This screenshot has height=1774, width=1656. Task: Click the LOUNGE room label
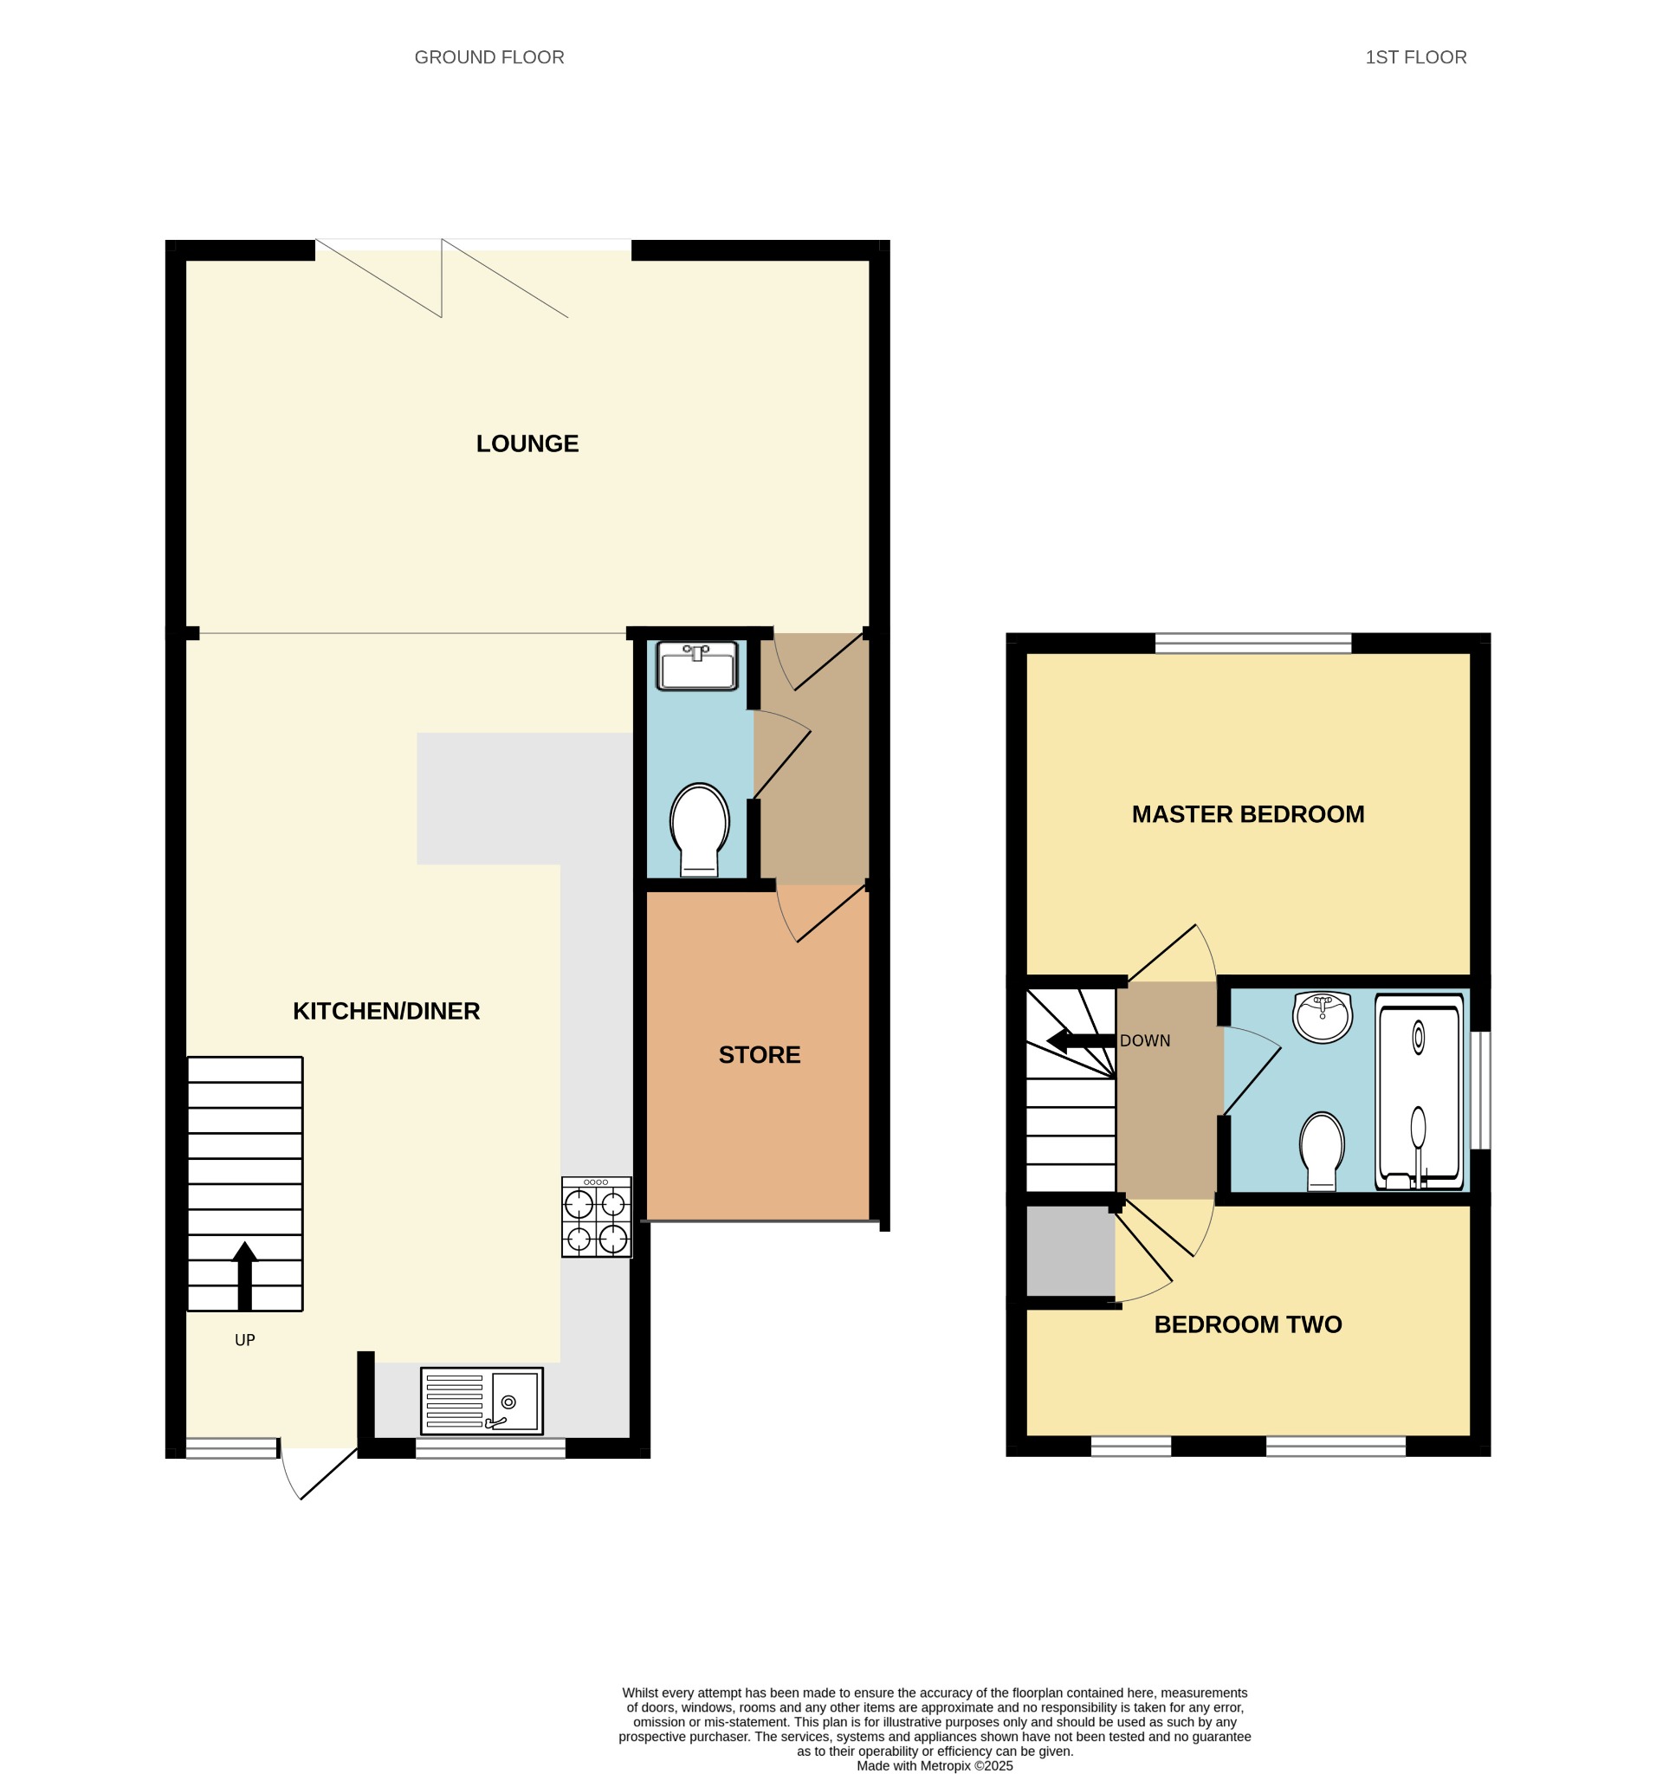click(527, 443)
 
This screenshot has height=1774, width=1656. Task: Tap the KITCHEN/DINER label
click(386, 1011)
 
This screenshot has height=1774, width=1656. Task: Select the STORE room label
click(760, 1055)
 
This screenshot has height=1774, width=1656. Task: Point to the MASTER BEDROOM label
click(1247, 814)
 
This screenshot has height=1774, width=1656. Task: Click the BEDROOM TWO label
click(1247, 1324)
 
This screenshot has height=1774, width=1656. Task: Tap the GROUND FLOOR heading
click(489, 57)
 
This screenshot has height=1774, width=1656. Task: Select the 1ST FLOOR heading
click(1415, 57)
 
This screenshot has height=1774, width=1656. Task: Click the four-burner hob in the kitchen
click(596, 1217)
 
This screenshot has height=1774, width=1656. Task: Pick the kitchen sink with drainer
click(482, 1401)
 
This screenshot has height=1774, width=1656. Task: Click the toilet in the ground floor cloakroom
click(700, 829)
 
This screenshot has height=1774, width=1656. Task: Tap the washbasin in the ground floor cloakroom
click(697, 664)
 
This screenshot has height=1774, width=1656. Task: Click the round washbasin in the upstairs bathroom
click(1323, 1016)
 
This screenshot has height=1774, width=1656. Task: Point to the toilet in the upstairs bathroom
click(1322, 1151)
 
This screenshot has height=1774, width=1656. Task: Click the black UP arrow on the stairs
click(244, 1276)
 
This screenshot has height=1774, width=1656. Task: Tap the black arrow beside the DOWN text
click(1081, 1040)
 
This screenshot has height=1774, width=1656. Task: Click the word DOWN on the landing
click(1145, 1040)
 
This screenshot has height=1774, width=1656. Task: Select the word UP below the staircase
click(244, 1339)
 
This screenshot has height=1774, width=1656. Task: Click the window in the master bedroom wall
click(1252, 643)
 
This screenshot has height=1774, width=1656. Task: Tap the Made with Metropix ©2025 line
click(935, 1765)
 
